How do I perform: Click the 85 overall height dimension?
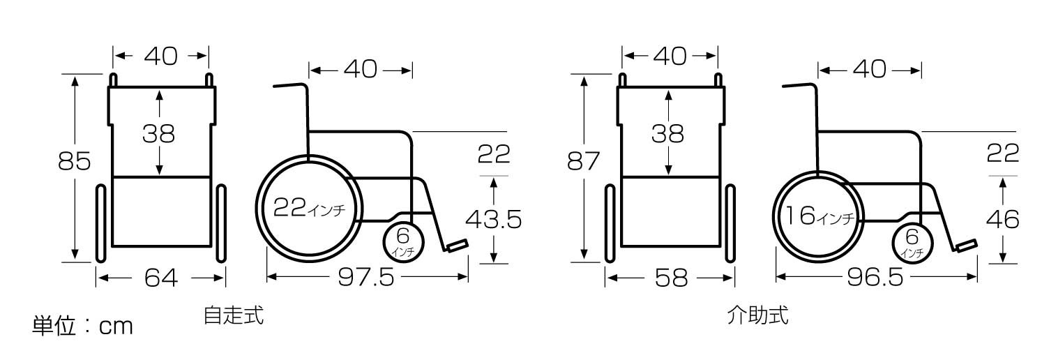(75, 161)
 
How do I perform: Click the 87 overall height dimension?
(583, 161)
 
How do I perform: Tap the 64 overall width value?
(161, 278)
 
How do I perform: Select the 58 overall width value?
(671, 278)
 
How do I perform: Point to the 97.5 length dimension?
(366, 278)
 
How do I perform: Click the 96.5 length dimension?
(875, 278)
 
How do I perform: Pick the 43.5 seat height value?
(494, 220)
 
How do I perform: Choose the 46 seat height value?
(1002, 220)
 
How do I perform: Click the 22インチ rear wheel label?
(309, 208)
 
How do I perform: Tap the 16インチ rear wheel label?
(820, 216)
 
